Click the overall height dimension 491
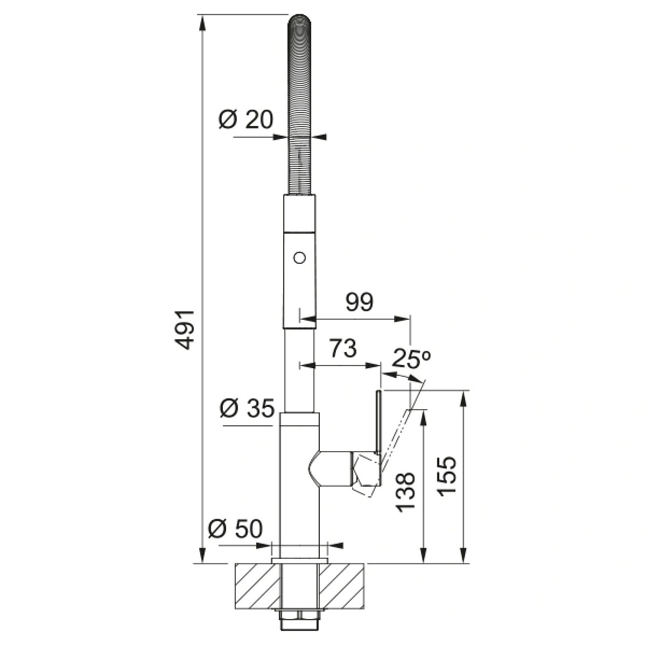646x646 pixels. click(x=185, y=329)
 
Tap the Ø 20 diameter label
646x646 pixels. click(x=245, y=119)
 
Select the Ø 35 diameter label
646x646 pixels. click(x=247, y=409)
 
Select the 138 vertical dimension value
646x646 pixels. click(x=405, y=493)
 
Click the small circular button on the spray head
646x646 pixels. click(x=299, y=258)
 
